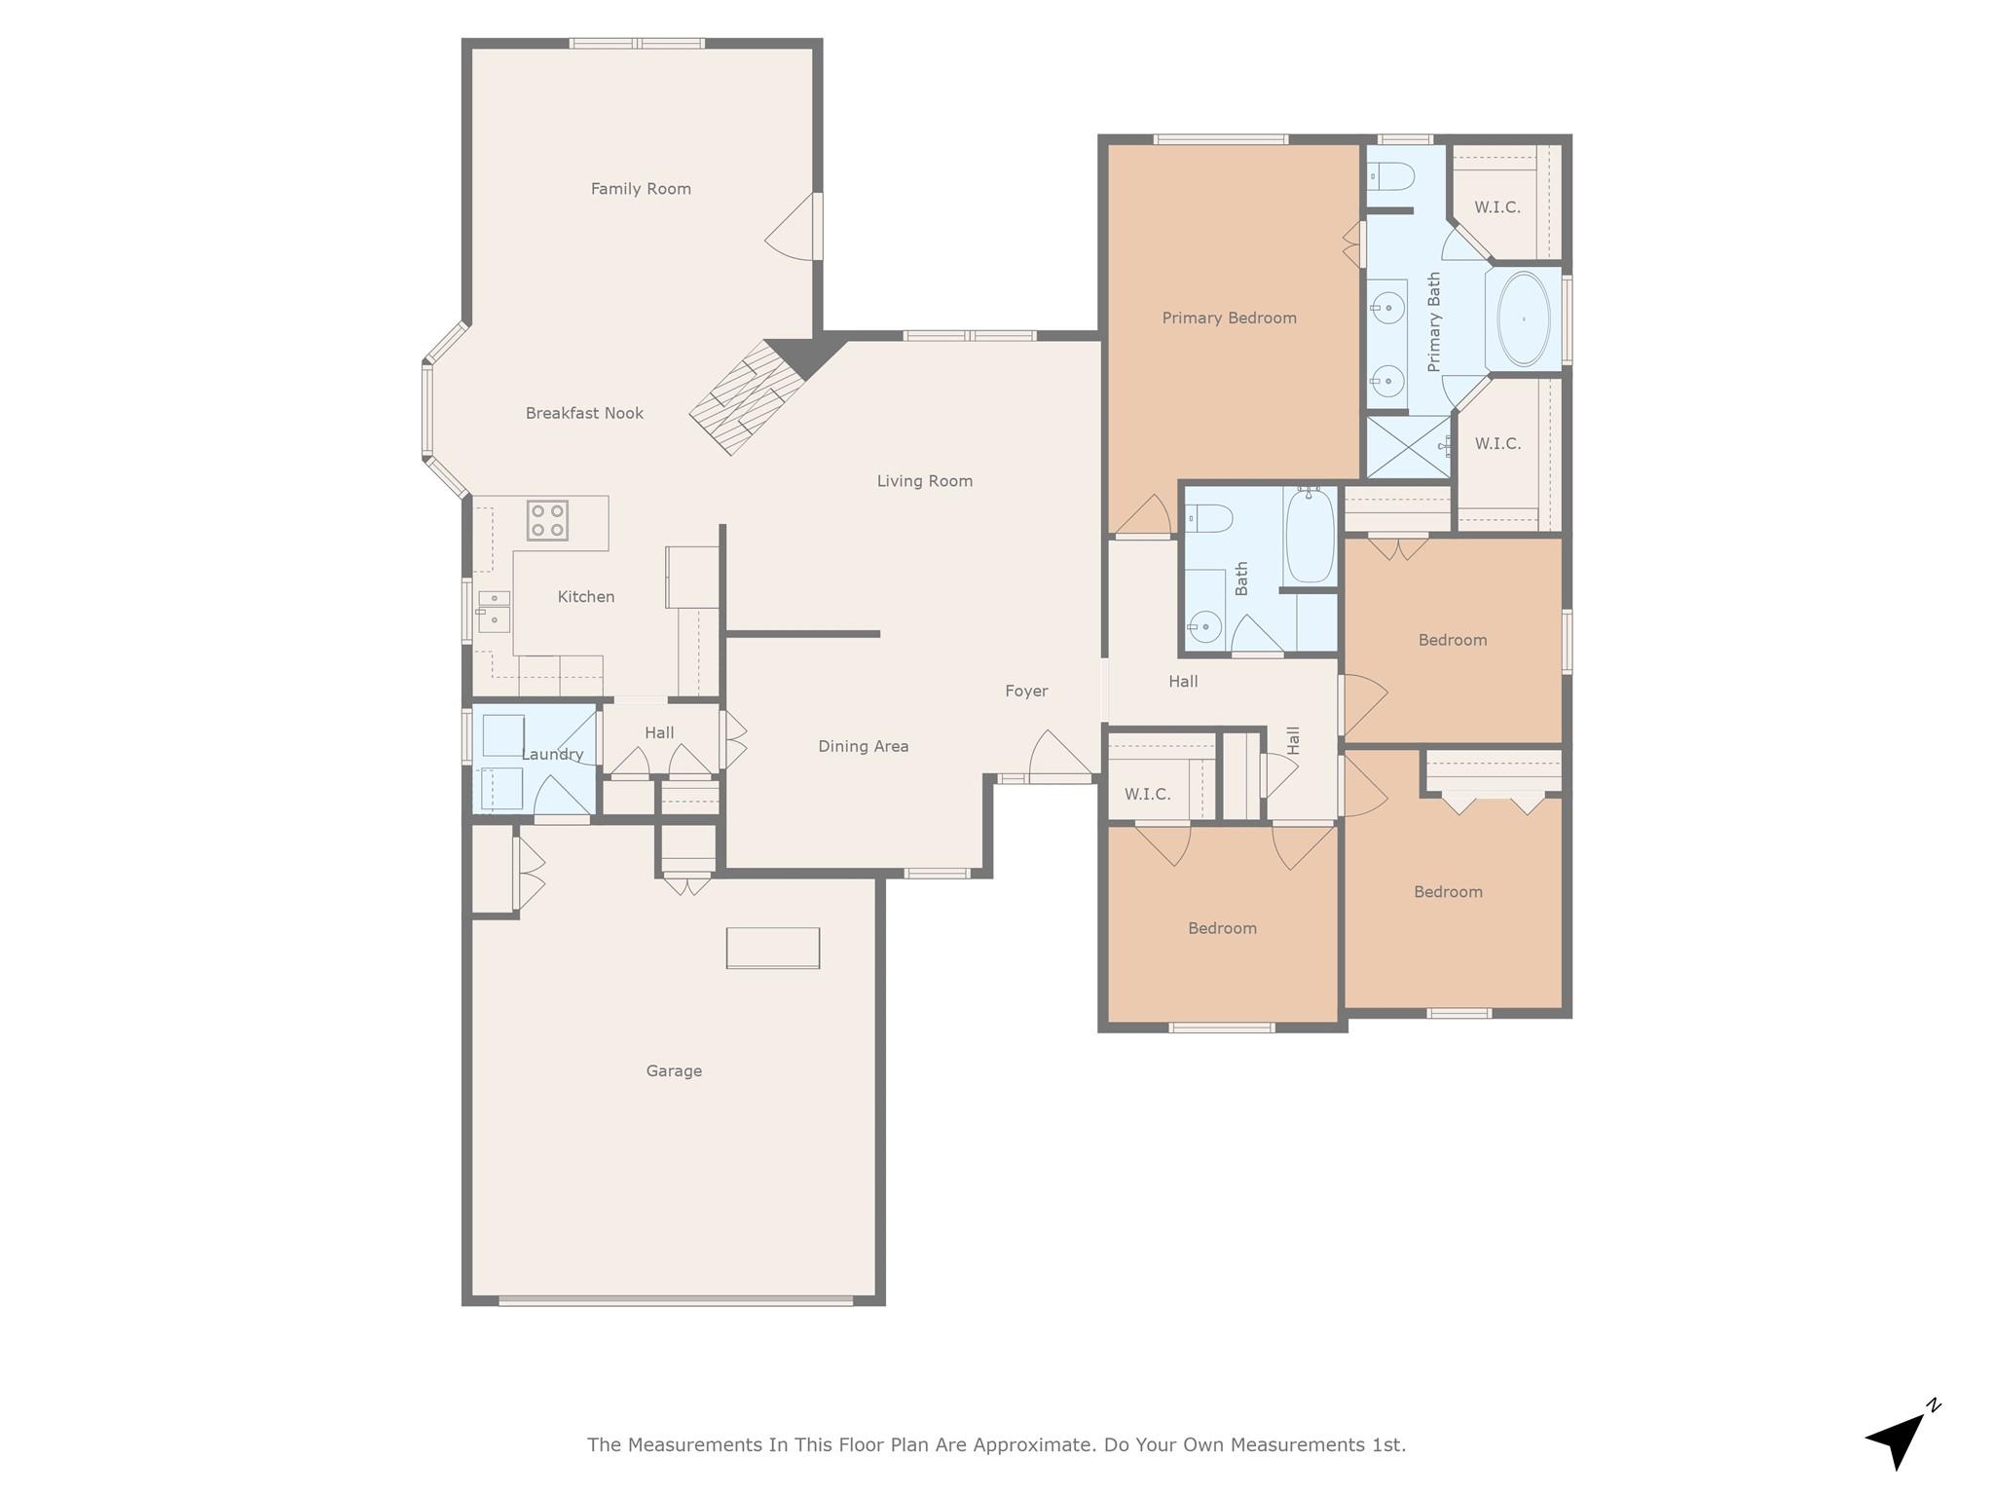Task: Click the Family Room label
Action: point(641,189)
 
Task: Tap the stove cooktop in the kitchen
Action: point(547,520)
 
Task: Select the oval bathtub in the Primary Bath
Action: point(1523,319)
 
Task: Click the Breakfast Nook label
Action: point(584,413)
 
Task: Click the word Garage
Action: point(674,1071)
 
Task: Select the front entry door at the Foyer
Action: point(1059,758)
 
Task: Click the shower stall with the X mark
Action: point(1408,447)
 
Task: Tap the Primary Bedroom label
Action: point(1229,318)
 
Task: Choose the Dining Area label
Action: point(863,747)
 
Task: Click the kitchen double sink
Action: point(494,610)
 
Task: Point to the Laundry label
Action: point(552,755)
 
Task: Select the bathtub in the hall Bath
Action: point(1310,537)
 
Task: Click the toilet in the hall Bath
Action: point(1209,518)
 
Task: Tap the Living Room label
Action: point(924,481)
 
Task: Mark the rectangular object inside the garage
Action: point(773,948)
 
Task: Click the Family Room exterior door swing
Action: point(794,230)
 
